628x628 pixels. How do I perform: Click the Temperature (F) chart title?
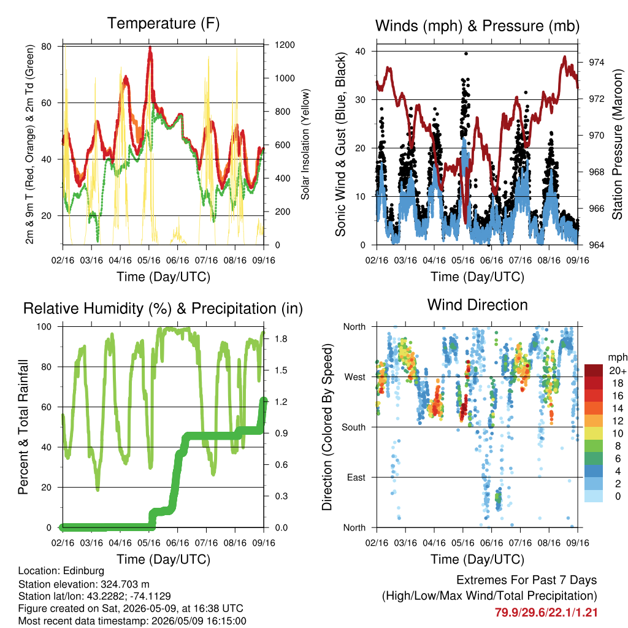coord(163,23)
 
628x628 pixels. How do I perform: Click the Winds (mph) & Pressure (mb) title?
coord(477,26)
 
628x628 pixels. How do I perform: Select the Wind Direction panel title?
coord(477,305)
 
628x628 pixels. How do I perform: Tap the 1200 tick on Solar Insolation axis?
coord(285,45)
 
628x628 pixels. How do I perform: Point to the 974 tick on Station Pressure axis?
coord(596,62)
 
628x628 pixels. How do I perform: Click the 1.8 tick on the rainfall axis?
coord(281,339)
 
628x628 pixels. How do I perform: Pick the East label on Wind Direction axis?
coord(356,477)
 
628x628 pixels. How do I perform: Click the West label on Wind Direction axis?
coord(355,377)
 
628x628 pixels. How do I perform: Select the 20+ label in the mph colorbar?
coord(618,370)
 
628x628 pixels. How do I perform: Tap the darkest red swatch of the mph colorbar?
coord(594,370)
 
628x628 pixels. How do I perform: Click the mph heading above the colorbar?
coord(618,357)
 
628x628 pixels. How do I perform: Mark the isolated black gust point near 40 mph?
coord(466,53)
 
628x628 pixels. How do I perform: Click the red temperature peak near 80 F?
coord(150,48)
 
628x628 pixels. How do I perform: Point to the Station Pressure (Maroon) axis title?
coord(617,144)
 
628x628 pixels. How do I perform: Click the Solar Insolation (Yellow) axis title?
coord(305,144)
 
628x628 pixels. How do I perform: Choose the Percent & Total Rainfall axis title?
coord(23,427)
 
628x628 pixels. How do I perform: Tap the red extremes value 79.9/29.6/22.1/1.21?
coord(546,613)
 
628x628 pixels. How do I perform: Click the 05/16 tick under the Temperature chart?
coord(149,260)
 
